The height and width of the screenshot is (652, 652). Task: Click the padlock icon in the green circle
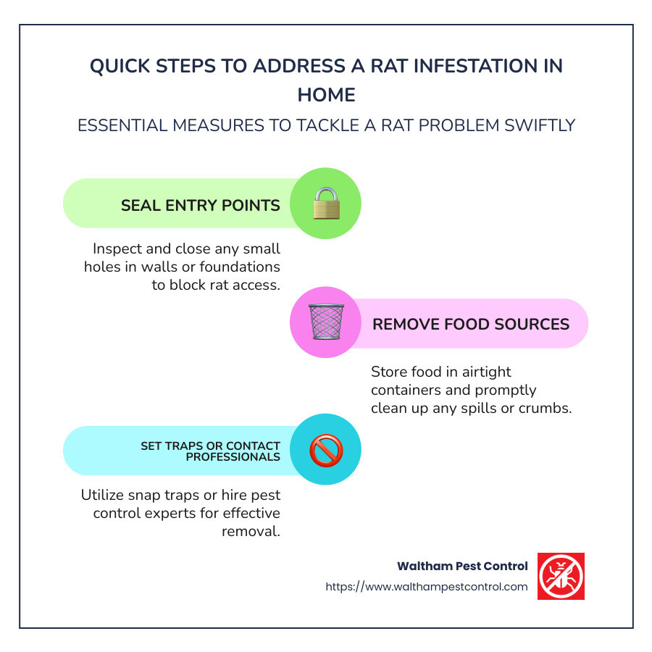pos(326,204)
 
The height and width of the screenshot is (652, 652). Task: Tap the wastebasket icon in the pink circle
pos(326,322)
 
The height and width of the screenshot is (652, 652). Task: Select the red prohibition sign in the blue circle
pos(326,451)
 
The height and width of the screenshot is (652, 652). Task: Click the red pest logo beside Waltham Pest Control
pos(561,576)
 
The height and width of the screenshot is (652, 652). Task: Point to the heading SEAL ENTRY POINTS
pos(201,205)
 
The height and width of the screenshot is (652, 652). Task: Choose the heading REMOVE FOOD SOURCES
pos(471,323)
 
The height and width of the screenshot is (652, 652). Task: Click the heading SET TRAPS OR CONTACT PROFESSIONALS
pos(210,451)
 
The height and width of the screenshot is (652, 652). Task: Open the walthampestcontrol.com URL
pos(427,587)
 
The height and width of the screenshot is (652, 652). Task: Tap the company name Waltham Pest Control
pos(462,566)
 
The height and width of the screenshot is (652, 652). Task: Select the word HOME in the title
pos(326,95)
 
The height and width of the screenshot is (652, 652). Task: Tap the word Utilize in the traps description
pos(105,496)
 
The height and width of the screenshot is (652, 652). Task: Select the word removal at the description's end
pos(251,531)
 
